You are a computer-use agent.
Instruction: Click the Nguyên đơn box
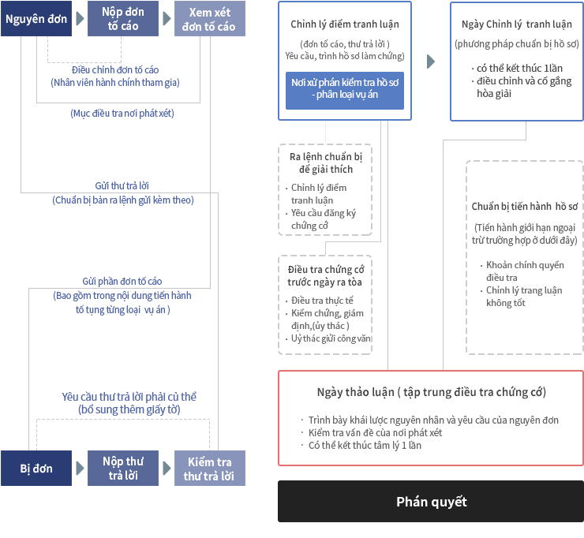(x=36, y=19)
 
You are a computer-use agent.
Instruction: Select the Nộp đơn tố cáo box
(x=123, y=19)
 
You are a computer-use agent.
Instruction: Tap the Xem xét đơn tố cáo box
(x=210, y=19)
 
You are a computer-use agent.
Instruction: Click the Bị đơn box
(x=36, y=468)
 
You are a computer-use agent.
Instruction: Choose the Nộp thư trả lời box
(x=123, y=468)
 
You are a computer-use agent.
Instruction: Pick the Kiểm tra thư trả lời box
(x=210, y=468)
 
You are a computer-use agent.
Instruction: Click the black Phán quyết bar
(x=431, y=501)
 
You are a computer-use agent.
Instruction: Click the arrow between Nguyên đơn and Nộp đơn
(x=80, y=19)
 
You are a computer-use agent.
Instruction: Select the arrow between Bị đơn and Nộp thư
(x=80, y=468)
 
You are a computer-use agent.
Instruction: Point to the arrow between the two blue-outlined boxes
(x=431, y=62)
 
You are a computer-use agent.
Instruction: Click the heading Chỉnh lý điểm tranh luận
(x=345, y=24)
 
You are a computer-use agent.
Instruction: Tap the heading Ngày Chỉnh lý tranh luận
(x=517, y=24)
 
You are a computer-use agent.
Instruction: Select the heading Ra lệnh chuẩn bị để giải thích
(x=326, y=163)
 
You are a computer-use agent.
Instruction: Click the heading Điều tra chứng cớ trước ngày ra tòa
(x=325, y=275)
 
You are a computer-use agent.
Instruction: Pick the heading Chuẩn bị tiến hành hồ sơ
(x=524, y=206)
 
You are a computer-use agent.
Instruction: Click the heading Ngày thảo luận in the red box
(x=432, y=392)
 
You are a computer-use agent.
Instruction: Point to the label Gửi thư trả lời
(x=122, y=186)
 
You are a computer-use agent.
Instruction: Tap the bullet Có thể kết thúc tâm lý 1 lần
(x=365, y=445)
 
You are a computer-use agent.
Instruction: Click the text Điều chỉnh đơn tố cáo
(x=115, y=69)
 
